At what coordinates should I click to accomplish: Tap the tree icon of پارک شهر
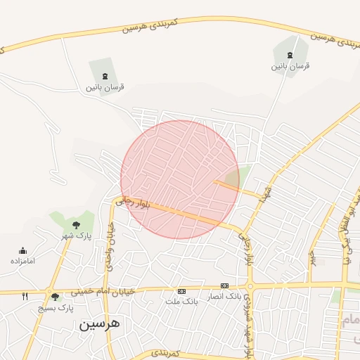click(76, 225)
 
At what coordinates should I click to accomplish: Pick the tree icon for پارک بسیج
click(56, 297)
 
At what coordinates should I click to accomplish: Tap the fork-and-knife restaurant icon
click(25, 297)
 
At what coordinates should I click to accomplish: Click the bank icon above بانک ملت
click(182, 291)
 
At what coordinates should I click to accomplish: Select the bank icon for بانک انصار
click(224, 285)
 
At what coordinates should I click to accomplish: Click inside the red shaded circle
click(180, 179)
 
